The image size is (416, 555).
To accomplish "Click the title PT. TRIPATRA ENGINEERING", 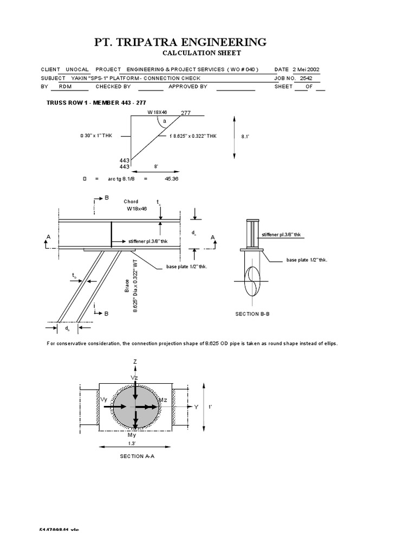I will [x=173, y=42].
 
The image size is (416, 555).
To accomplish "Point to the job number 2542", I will [x=306, y=78].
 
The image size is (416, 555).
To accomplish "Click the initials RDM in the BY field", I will [x=65, y=86].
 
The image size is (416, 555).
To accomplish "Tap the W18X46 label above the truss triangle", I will [x=158, y=112].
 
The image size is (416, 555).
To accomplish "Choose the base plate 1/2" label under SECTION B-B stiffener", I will [x=307, y=260].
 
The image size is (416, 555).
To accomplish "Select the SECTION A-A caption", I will [x=135, y=456].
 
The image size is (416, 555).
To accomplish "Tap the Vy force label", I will [x=105, y=398].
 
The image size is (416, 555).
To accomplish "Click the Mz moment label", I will [x=162, y=399].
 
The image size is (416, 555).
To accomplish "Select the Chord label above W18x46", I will [x=132, y=202].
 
